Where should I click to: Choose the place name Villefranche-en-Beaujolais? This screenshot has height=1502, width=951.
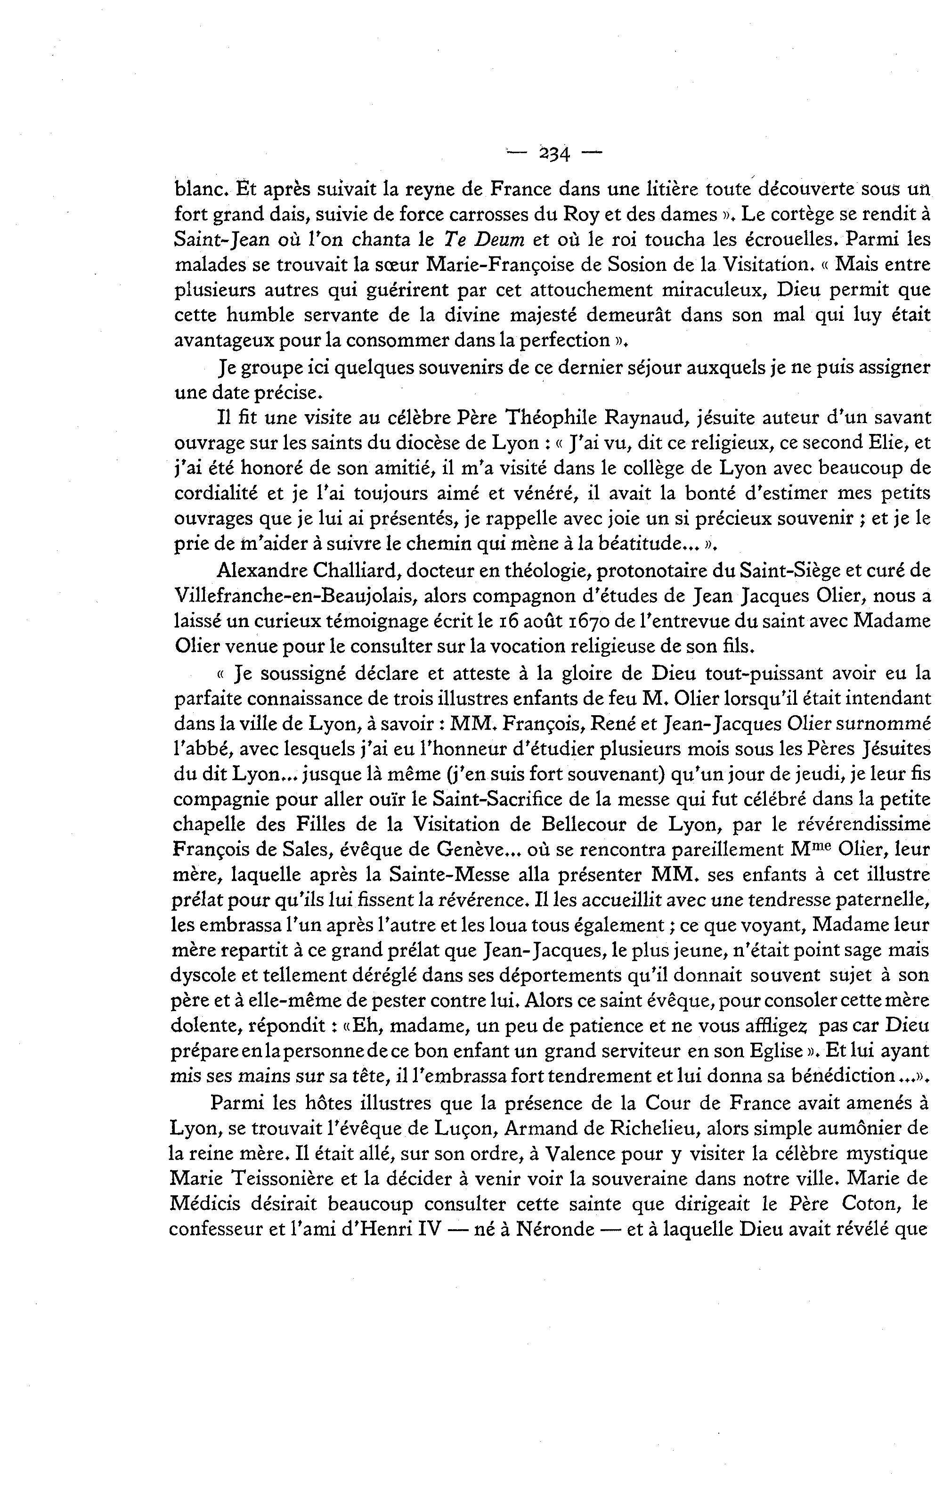click(x=296, y=596)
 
